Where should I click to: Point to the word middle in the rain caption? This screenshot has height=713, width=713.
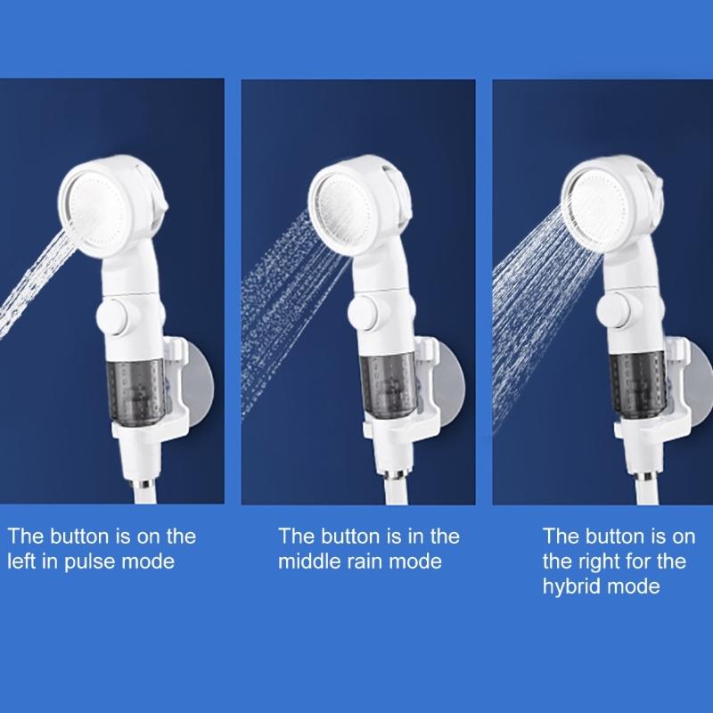[307, 561]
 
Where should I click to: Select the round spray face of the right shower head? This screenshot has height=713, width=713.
[599, 198]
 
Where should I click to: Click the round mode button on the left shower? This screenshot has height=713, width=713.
[116, 316]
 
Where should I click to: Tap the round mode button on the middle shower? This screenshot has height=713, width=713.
[367, 316]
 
